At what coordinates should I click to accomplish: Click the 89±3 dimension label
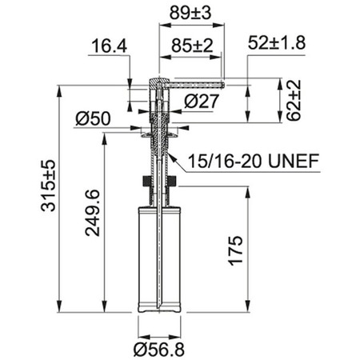click(x=190, y=13)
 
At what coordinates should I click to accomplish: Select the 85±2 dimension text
click(x=192, y=46)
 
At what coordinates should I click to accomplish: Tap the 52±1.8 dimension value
click(x=277, y=42)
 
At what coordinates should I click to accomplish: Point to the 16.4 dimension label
click(x=110, y=46)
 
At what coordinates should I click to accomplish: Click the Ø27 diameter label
click(x=202, y=102)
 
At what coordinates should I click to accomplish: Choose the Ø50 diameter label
click(x=93, y=118)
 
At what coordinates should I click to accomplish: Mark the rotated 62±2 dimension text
click(x=294, y=101)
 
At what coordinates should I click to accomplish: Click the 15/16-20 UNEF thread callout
click(x=254, y=161)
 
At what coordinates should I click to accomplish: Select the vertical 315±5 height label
click(x=49, y=186)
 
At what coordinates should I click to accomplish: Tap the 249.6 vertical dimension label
click(x=92, y=213)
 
